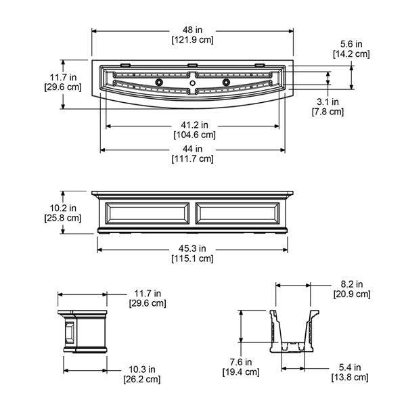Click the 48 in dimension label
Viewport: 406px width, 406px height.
[x=192, y=30]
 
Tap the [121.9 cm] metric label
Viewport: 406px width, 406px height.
[x=192, y=40]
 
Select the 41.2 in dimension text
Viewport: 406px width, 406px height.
[x=194, y=125]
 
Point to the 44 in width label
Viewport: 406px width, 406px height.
[x=192, y=149]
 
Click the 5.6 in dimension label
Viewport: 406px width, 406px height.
[x=351, y=44]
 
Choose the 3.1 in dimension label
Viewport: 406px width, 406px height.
[x=328, y=101]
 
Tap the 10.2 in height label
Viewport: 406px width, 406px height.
[x=63, y=208]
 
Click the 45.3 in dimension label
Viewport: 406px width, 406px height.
[x=192, y=248]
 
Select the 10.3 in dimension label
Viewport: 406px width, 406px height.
[x=142, y=369]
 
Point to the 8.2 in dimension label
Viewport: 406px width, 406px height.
[x=352, y=284]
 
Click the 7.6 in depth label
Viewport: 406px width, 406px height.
[x=241, y=362]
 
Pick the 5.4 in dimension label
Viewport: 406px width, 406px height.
[x=350, y=367]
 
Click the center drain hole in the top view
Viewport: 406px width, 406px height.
[x=192, y=83]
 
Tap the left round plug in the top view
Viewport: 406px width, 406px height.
[x=159, y=83]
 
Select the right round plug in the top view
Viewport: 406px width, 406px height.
[x=226, y=83]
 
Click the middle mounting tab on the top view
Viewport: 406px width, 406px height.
[x=192, y=65]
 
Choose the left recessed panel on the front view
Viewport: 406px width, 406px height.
[x=148, y=213]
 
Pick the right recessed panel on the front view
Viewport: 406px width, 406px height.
[x=238, y=213]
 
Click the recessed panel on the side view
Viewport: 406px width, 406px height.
[x=70, y=333]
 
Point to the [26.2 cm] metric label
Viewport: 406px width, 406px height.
[x=142, y=380]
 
